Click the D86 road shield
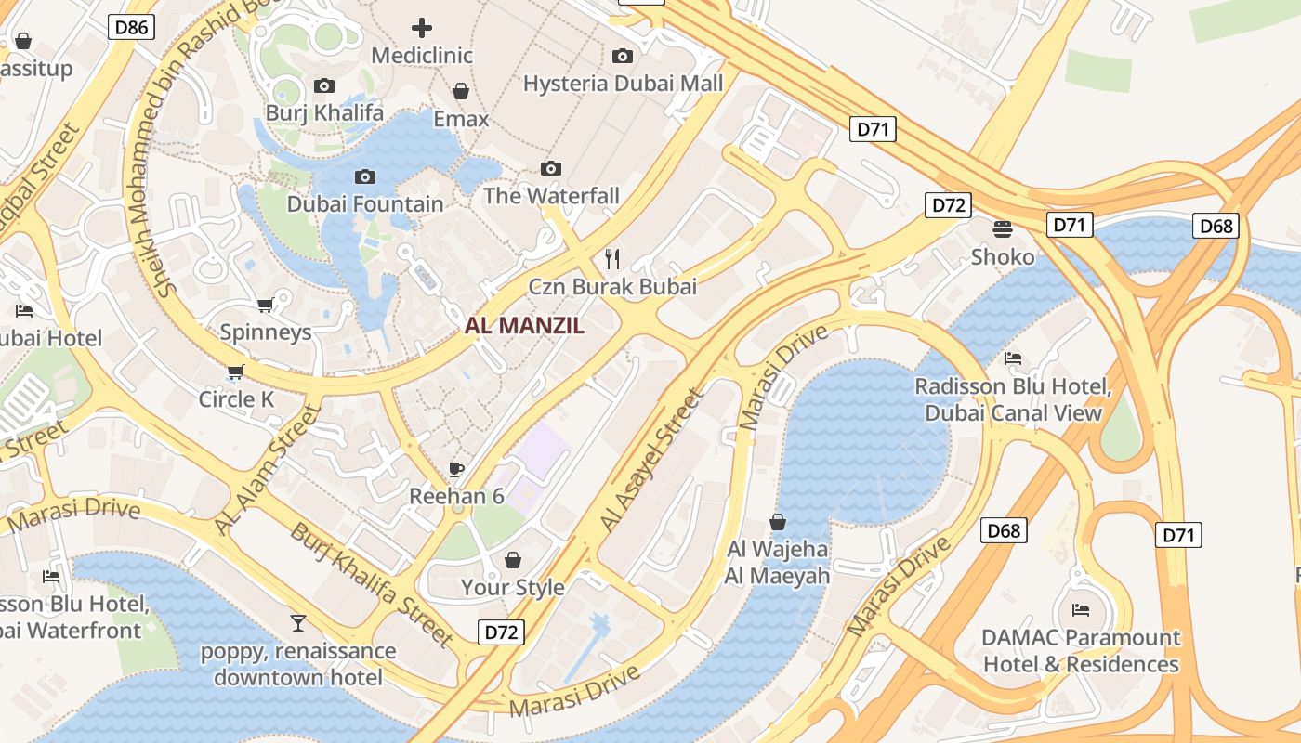pyautogui.click(x=131, y=27)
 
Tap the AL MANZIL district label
pyautogui.click(x=524, y=325)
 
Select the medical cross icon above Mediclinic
pyautogui.click(x=422, y=27)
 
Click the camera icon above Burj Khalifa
pyautogui.click(x=323, y=85)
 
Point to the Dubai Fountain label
pyautogui.click(x=364, y=204)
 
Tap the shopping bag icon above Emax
pyautogui.click(x=461, y=91)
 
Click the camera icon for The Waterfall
pyautogui.click(x=551, y=168)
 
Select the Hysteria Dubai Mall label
pyautogui.click(x=623, y=84)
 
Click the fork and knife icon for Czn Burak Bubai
pyautogui.click(x=612, y=258)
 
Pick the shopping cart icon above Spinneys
pyautogui.click(x=265, y=305)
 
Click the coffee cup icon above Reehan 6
pyautogui.click(x=455, y=469)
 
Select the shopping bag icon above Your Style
pyautogui.click(x=512, y=560)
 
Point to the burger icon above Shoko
pyautogui.click(x=1002, y=228)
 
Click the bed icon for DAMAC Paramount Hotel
pyautogui.click(x=1080, y=610)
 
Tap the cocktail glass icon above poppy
pyautogui.click(x=297, y=622)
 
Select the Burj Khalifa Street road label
pyautogui.click(x=371, y=585)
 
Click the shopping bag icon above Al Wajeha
pyautogui.click(x=778, y=522)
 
